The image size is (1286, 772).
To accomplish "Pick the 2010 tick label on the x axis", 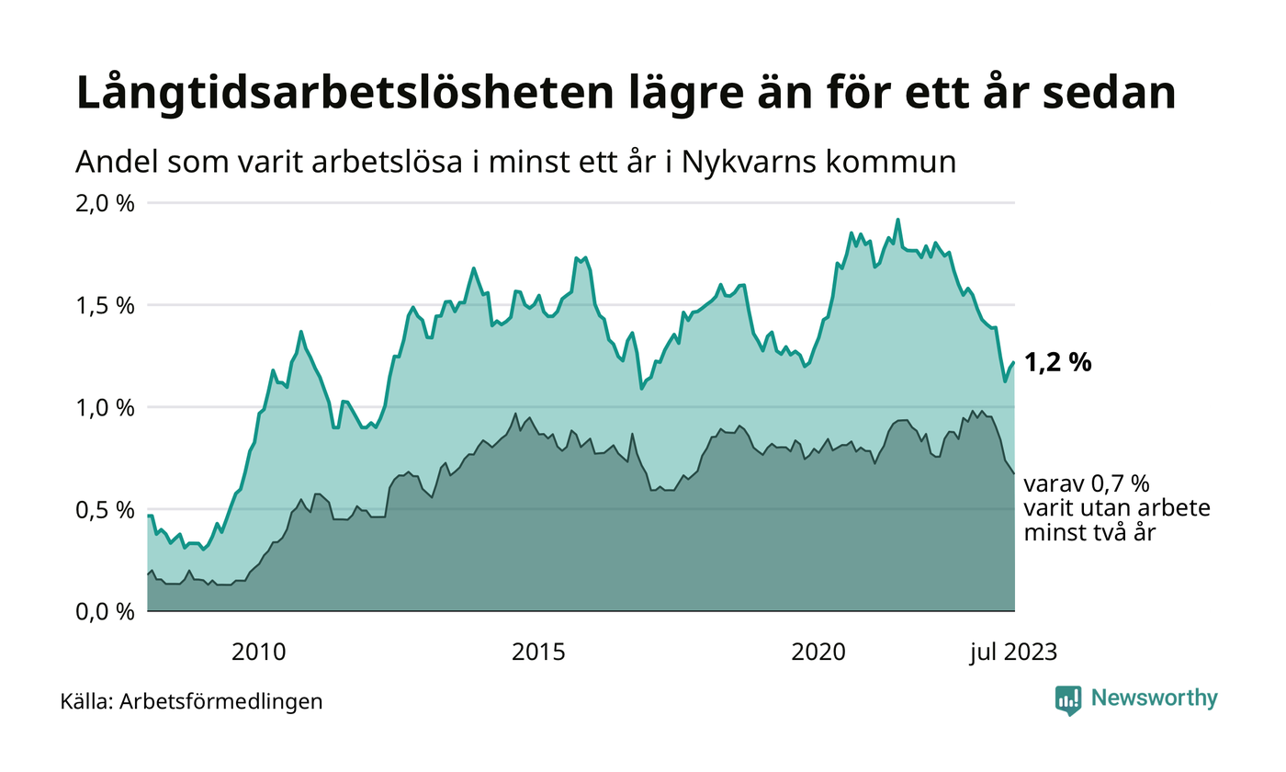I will (259, 653).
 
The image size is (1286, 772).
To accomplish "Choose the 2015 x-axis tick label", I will (538, 653).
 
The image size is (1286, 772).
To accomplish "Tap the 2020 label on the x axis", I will (818, 653).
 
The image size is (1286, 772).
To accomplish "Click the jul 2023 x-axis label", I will (1013, 653).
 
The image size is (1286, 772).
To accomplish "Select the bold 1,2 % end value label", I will (1057, 363).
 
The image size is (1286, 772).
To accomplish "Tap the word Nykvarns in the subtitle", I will (737, 163).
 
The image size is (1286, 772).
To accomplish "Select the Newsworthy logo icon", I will (1068, 699).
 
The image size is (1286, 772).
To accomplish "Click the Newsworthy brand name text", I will (1154, 698).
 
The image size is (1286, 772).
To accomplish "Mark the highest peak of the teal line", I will (897, 220).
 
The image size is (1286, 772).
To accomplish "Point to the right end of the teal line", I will (1014, 362).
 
